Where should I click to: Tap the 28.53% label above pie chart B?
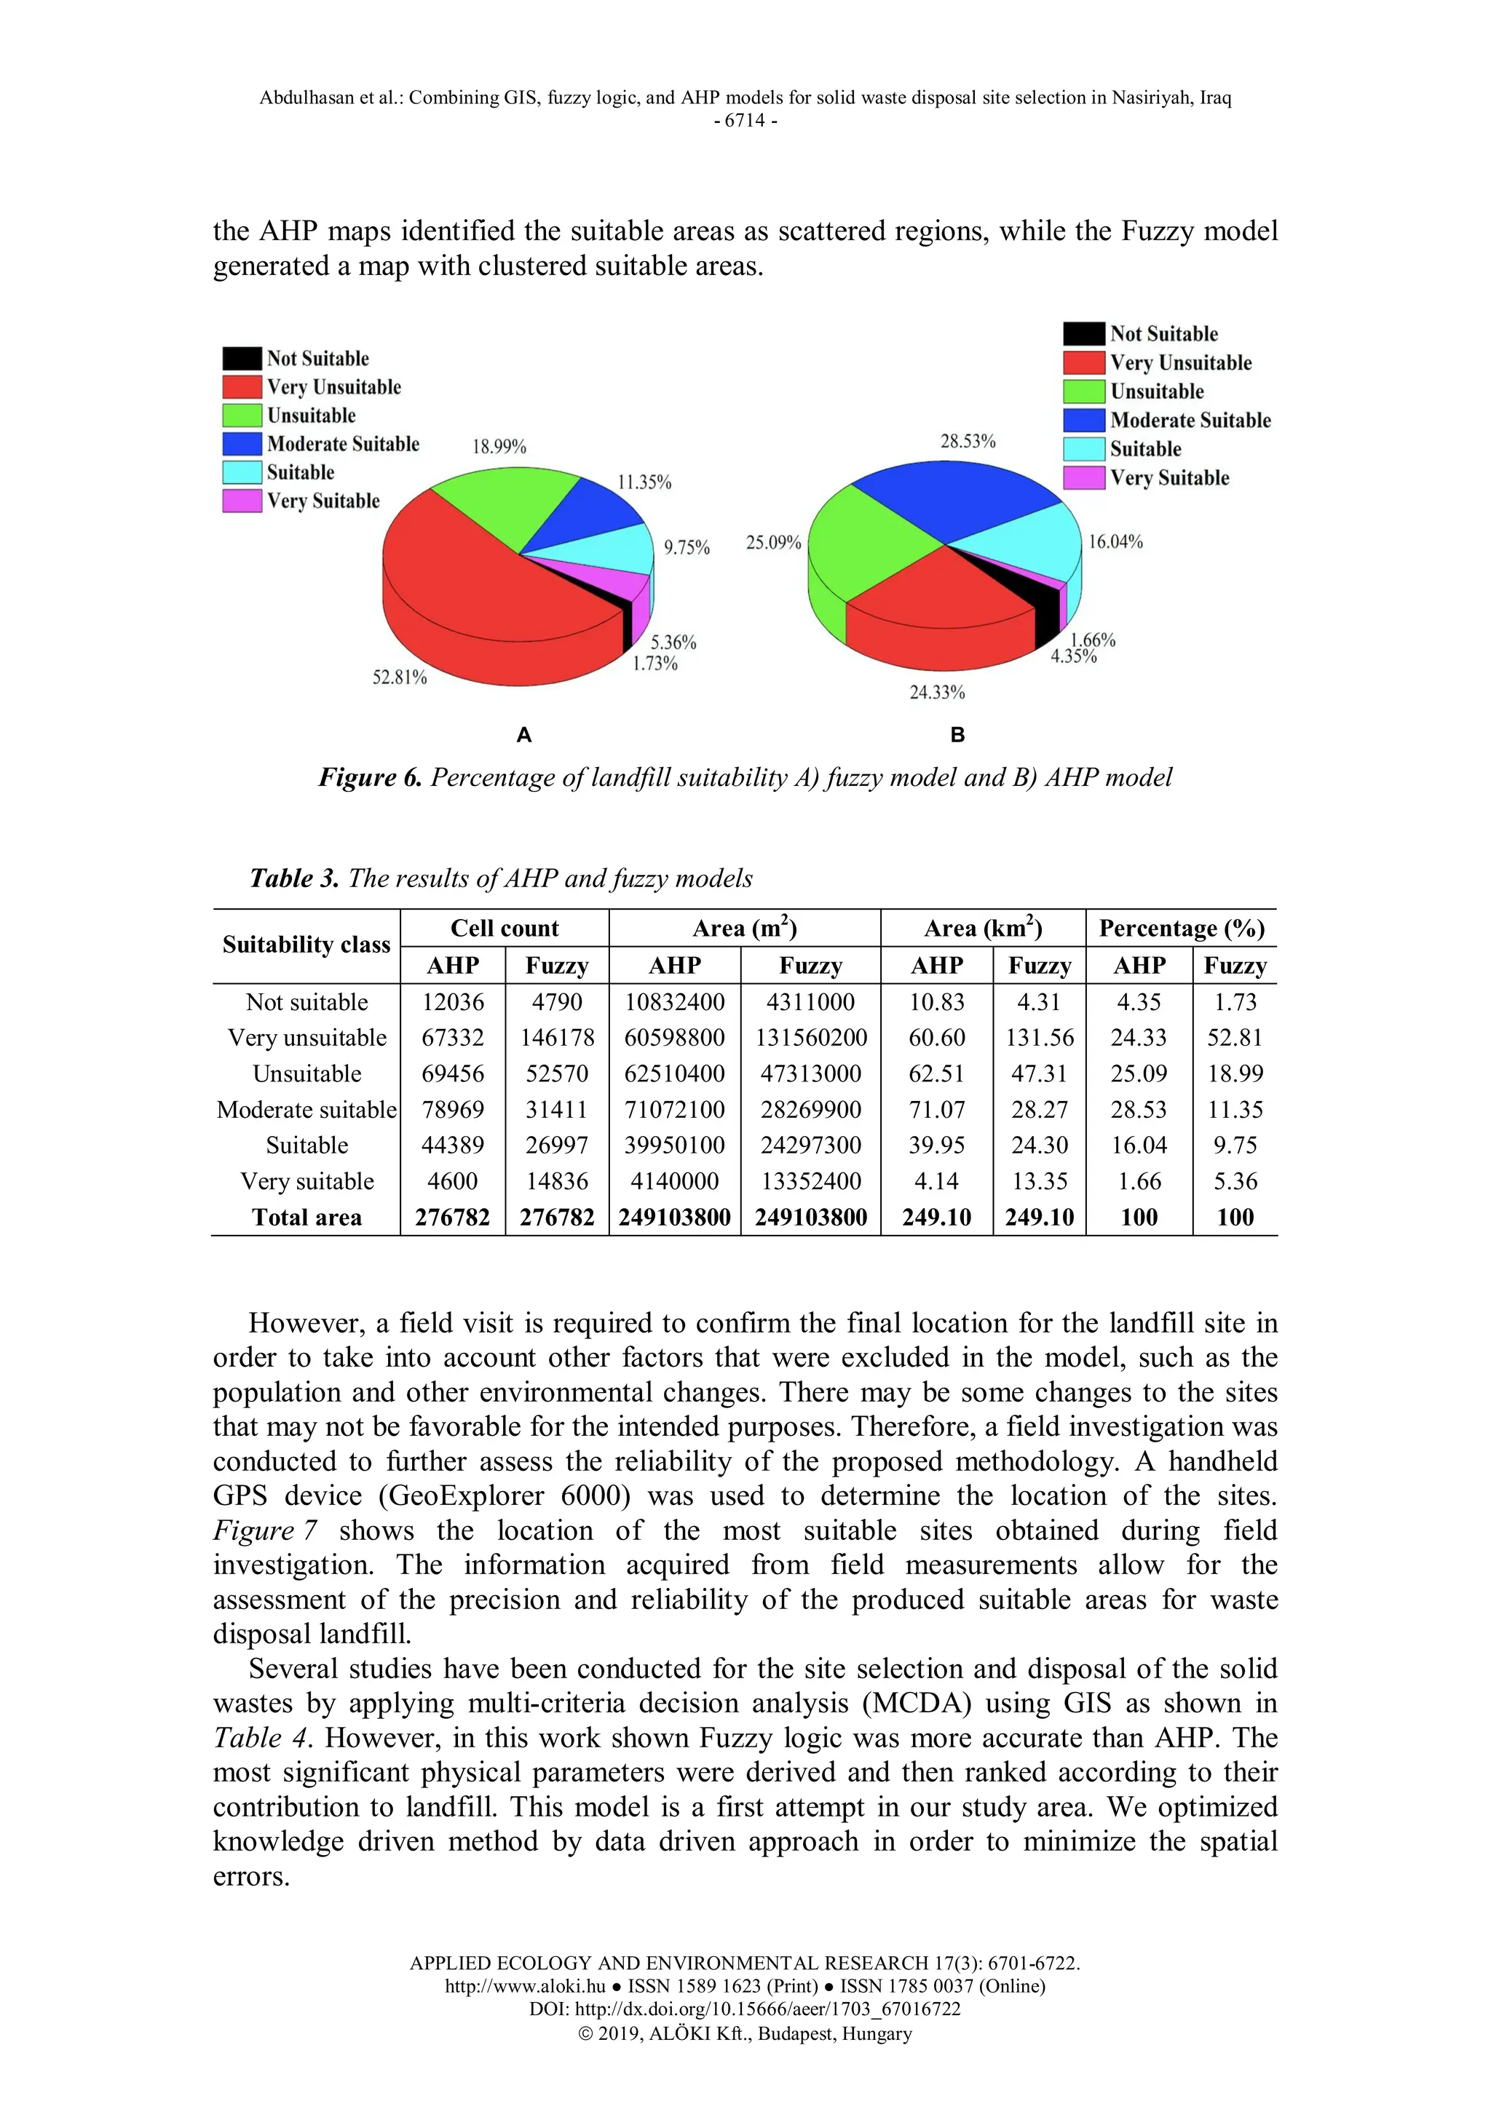(x=968, y=442)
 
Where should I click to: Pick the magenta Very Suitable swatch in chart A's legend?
(x=242, y=501)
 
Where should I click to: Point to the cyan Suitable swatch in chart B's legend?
(x=1083, y=449)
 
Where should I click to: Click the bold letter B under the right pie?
(x=957, y=735)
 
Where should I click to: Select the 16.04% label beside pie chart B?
(x=1115, y=542)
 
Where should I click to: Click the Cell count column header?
(x=505, y=929)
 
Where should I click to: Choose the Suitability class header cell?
(x=306, y=945)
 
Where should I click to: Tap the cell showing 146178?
(x=557, y=1038)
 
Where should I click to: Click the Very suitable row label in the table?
(x=306, y=1181)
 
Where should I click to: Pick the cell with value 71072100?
(x=674, y=1110)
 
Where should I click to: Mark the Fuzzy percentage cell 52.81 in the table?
(x=1235, y=1038)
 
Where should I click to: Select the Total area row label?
(x=306, y=1218)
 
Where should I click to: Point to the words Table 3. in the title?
(x=294, y=879)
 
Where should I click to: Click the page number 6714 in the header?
(x=745, y=120)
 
